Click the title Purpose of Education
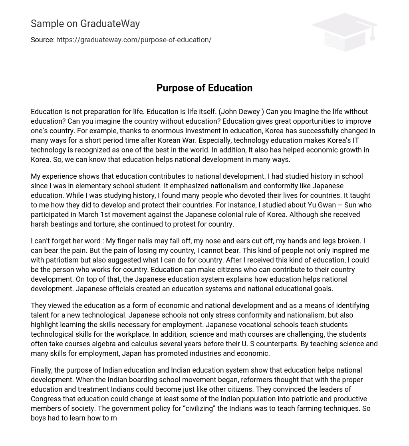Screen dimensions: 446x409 (x=204, y=88)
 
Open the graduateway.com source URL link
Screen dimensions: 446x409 (x=134, y=40)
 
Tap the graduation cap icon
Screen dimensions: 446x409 (x=344, y=32)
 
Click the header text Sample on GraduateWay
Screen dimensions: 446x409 (x=85, y=24)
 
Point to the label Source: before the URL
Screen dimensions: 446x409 (x=42, y=40)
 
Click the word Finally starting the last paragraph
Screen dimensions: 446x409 (x=42, y=370)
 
